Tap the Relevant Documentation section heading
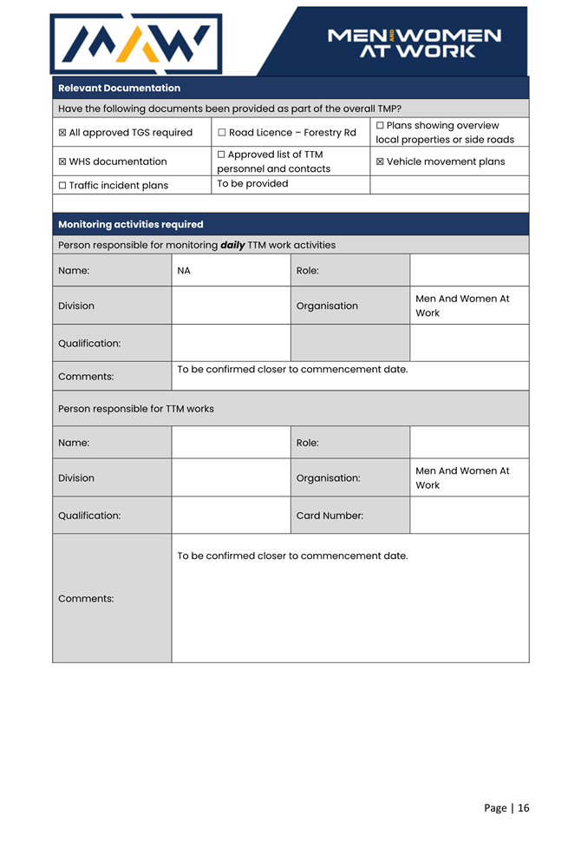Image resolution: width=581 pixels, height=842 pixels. [x=119, y=88]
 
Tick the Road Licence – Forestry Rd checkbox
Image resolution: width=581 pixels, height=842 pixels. [x=222, y=133]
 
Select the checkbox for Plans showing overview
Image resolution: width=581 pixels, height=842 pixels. [x=380, y=126]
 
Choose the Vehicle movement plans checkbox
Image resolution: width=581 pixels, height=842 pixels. [x=380, y=161]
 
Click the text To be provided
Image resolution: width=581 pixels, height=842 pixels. [x=252, y=184]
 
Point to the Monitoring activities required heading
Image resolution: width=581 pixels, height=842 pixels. [x=130, y=224]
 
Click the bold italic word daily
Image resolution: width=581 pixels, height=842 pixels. [x=232, y=245]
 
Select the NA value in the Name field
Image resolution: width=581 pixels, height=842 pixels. [x=184, y=271]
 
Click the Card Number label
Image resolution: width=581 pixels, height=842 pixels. [x=330, y=516]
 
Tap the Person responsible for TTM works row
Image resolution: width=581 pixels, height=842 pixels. [x=135, y=409]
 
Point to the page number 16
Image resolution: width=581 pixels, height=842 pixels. [x=524, y=808]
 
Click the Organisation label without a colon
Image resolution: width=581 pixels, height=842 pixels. [x=327, y=306]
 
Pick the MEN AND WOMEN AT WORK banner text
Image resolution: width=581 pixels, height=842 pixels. [x=415, y=43]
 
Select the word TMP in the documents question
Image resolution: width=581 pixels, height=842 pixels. [x=385, y=109]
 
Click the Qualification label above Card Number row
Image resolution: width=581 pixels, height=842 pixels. [x=89, y=516]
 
